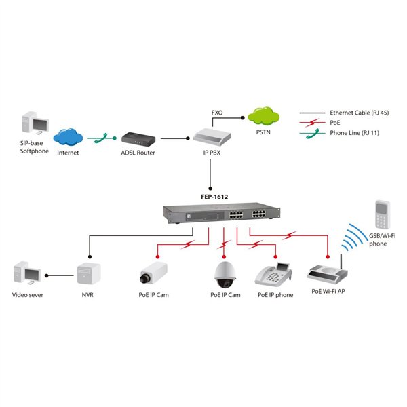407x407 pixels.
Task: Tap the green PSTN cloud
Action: click(261, 115)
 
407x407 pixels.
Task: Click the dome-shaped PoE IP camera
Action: click(225, 273)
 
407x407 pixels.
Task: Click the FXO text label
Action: click(217, 112)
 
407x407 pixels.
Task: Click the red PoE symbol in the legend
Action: click(312, 122)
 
